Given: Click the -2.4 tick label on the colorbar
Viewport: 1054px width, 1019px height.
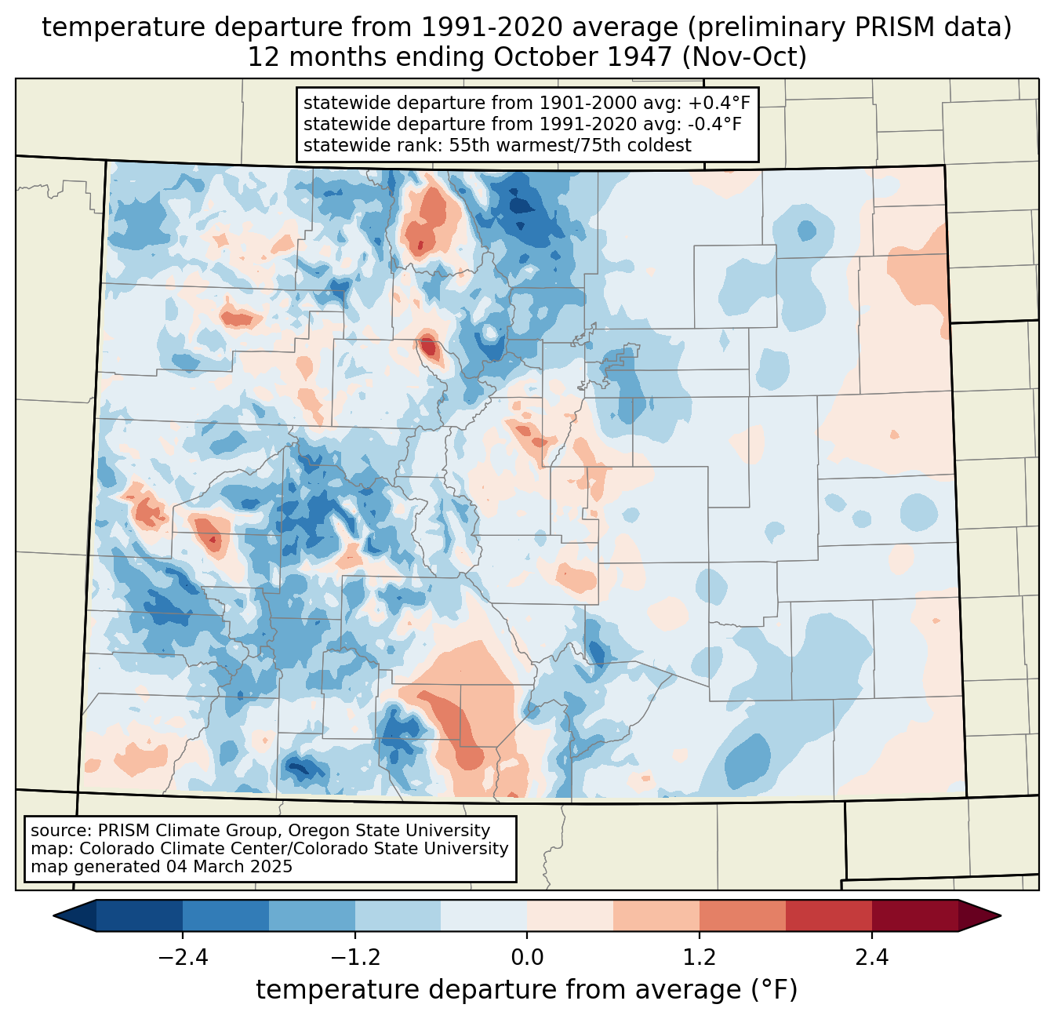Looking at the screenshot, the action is [x=183, y=957].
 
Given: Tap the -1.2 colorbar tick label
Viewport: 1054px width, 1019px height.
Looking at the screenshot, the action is [x=355, y=957].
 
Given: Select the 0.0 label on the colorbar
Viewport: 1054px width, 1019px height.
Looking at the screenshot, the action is [x=527, y=957].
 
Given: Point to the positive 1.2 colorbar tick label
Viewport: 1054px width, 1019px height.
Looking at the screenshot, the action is [x=700, y=957].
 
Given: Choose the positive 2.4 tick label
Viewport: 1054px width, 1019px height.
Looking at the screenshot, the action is [x=872, y=957].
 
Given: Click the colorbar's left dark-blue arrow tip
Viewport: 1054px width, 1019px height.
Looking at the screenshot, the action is [x=53, y=916].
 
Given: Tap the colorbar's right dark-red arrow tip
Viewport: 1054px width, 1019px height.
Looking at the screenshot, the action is [x=1001, y=916].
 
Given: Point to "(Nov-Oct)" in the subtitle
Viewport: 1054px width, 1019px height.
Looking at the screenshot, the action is [x=744, y=57].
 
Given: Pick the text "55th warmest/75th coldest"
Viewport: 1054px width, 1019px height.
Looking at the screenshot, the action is [x=570, y=145].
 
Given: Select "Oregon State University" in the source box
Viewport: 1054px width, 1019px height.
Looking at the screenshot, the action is [x=389, y=831].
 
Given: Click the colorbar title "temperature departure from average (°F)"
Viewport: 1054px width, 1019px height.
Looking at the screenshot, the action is [x=526, y=989].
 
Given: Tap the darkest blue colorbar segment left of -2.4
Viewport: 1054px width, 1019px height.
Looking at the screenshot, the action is [x=139, y=916].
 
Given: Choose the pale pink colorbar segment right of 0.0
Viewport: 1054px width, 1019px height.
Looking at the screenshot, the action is [x=570, y=916].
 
